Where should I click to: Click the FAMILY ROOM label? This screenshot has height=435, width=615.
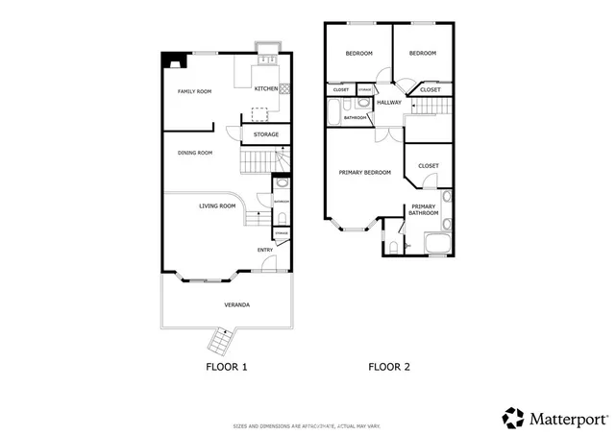[194, 92]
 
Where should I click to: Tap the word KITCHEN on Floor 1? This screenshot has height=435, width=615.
[265, 88]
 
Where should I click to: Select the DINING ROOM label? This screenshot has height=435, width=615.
[194, 153]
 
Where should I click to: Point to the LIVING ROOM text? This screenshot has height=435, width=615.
[217, 205]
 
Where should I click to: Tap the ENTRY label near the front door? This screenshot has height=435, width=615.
[264, 251]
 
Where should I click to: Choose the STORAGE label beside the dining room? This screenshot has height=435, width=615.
[266, 134]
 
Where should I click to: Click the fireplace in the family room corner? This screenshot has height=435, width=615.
[173, 63]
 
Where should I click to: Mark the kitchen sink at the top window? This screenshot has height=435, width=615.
[267, 60]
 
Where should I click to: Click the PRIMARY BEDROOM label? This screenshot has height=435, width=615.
[364, 173]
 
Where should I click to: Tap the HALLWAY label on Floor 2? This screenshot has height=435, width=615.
[389, 102]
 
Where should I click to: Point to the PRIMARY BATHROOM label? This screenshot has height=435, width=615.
[425, 209]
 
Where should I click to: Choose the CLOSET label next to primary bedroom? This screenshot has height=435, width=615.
[429, 165]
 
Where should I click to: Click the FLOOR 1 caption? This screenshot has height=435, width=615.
[227, 367]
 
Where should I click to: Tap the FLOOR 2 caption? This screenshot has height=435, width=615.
[389, 367]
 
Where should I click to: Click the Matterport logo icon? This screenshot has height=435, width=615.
[513, 417]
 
